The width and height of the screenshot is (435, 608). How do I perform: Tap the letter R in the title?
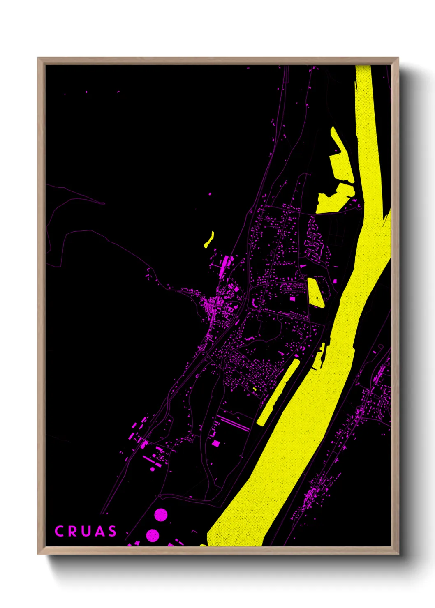pos(72,531)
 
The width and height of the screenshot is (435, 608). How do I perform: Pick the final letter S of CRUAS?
pos(112,531)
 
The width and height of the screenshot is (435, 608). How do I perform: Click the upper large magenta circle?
pos(161,515)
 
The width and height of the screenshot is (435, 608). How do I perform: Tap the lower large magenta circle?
pos(153,535)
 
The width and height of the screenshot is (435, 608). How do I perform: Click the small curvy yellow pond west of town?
pos(209,240)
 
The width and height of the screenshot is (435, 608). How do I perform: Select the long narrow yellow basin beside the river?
pos(278,392)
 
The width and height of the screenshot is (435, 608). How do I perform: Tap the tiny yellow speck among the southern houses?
pos(255,389)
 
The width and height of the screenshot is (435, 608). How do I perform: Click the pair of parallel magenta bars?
pos(233,423)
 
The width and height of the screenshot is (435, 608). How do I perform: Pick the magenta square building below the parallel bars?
pos(216,443)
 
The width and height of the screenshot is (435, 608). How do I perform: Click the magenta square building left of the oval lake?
pos(292,299)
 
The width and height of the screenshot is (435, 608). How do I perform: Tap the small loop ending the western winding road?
pos(103,203)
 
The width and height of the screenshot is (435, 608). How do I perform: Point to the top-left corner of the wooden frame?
pos(38,58)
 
